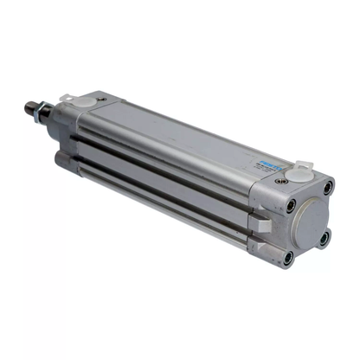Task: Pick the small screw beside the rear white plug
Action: tap(279, 183)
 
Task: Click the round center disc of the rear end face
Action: tap(308, 222)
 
